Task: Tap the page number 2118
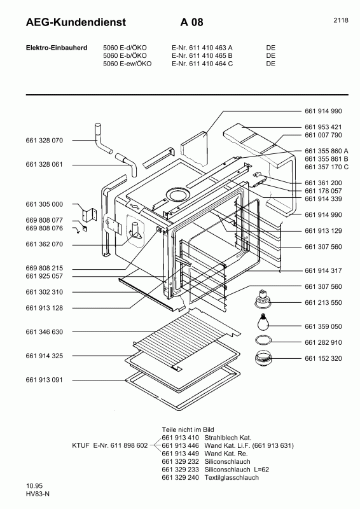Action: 340,20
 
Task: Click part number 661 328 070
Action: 45,140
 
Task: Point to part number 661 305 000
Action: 45,204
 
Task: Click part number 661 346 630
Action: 45,332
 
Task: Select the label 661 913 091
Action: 45,380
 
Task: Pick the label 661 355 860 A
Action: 326,150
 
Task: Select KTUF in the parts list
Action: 81,445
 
